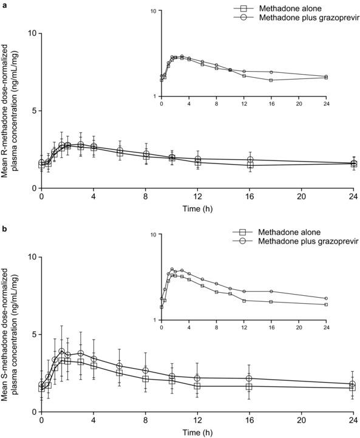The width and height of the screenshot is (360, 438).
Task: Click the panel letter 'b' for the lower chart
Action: click(4, 228)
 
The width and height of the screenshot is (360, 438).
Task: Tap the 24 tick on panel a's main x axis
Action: click(353, 197)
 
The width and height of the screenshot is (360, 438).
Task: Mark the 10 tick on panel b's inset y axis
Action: click(154, 234)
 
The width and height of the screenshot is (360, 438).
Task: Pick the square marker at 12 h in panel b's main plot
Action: click(197, 386)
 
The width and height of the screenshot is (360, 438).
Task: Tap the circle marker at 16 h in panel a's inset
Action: click(271, 72)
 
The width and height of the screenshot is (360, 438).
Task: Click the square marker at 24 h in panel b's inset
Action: click(326, 304)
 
